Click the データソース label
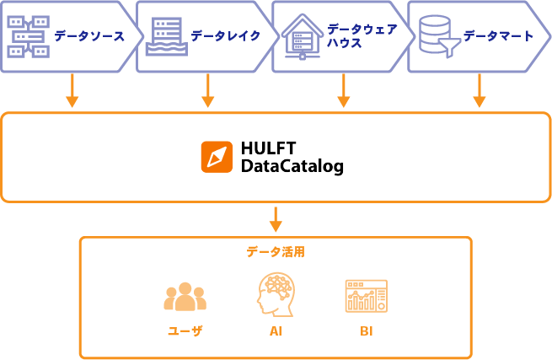(x=89, y=36)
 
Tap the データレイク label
(x=226, y=35)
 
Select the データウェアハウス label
(x=362, y=35)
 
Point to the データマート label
(x=499, y=35)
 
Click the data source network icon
(x=28, y=36)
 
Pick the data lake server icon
(x=167, y=36)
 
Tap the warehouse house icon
(x=303, y=36)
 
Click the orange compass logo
(x=217, y=157)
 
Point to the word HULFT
(x=268, y=148)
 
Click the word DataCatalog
(x=292, y=166)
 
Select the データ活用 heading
(x=276, y=252)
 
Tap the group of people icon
(x=185, y=297)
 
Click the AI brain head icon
(x=276, y=294)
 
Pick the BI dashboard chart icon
(x=367, y=296)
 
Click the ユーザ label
(x=185, y=331)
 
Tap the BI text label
(x=367, y=331)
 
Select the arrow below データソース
(x=72, y=90)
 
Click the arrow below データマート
(x=480, y=90)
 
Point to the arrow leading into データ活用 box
(x=276, y=219)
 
